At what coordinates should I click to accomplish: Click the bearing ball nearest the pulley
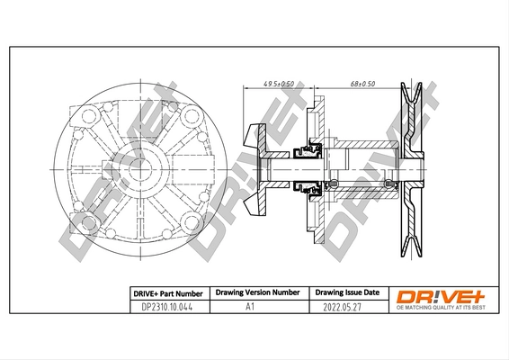click(388, 186)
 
